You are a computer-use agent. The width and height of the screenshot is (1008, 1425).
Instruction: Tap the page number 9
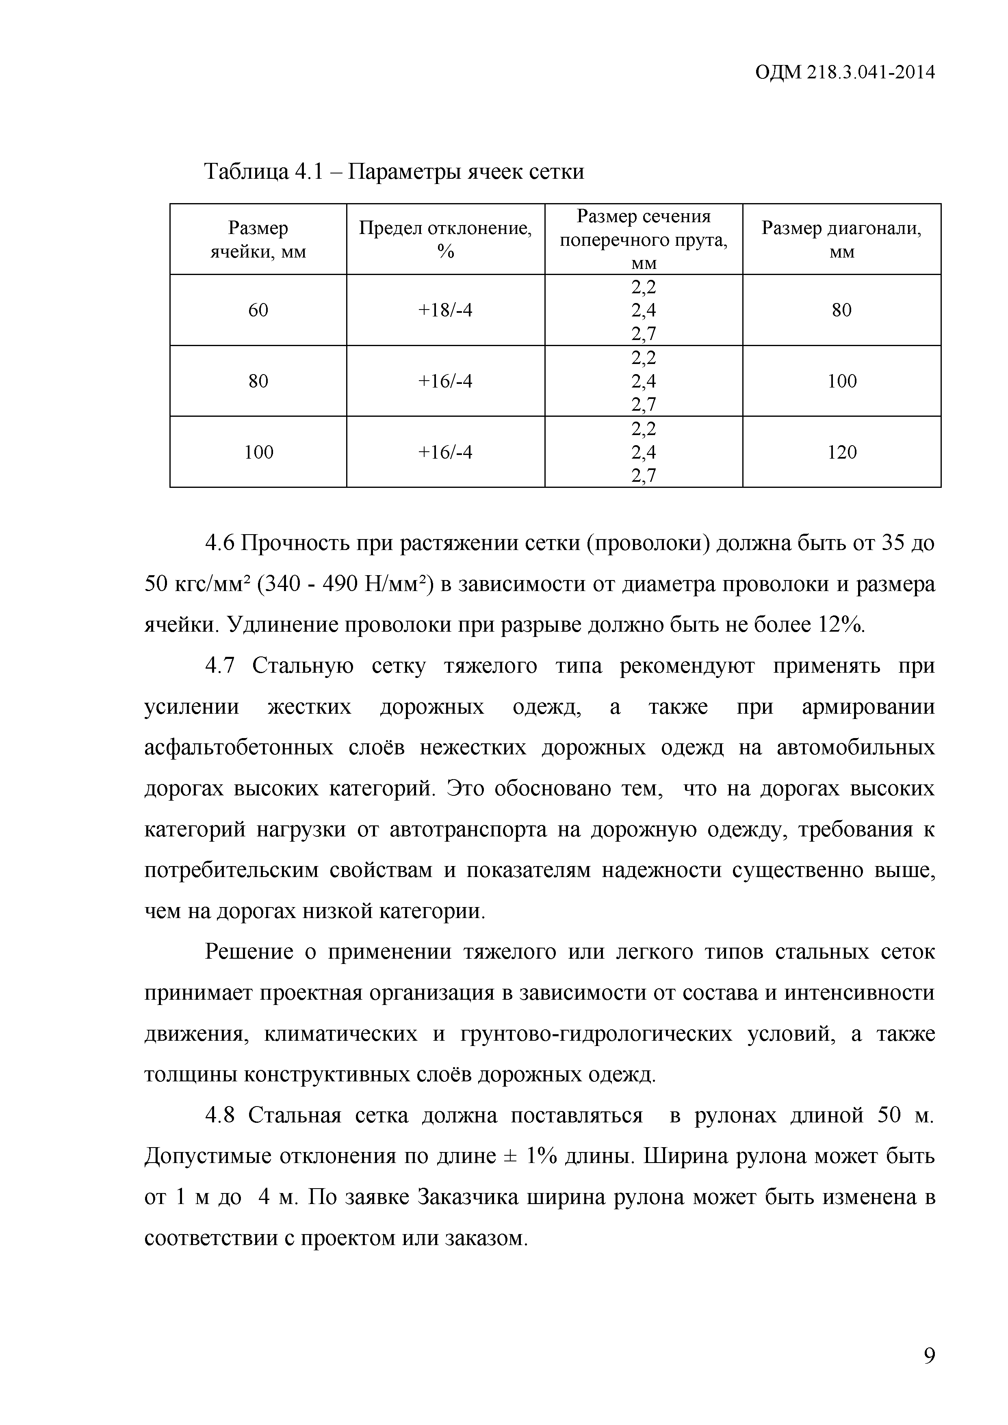click(x=928, y=1356)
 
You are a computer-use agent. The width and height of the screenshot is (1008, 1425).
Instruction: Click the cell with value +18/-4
click(x=445, y=310)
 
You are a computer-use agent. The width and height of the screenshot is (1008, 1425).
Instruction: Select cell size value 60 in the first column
click(x=258, y=310)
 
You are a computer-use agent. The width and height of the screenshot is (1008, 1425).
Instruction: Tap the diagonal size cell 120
click(x=842, y=452)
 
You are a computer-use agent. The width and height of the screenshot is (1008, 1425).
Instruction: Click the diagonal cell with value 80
click(x=842, y=310)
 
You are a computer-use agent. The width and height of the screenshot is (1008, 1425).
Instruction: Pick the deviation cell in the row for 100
click(x=445, y=452)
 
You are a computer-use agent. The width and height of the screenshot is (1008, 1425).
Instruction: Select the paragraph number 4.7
click(x=220, y=666)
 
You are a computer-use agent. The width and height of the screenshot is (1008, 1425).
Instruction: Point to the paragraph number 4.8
click(x=220, y=1116)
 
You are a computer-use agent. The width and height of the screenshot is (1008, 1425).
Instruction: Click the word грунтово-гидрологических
click(x=596, y=1034)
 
